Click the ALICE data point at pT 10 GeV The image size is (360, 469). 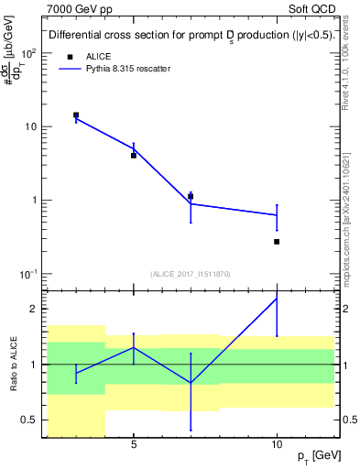277,242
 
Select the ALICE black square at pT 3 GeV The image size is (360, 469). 76,115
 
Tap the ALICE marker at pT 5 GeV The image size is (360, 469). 134,156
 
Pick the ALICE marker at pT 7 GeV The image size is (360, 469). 191,196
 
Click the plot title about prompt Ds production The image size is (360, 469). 190,36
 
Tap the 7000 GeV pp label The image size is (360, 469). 76,8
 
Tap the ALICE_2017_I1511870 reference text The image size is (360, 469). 190,274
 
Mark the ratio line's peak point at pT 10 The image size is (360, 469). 277,299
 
